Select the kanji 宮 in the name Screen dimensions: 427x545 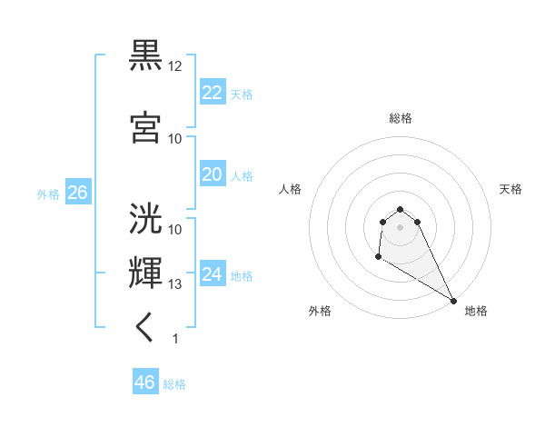coord(146,127)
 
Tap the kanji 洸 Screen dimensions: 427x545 coord(146,219)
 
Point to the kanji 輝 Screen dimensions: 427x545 coord(146,273)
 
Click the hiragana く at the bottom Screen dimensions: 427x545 coord(145,328)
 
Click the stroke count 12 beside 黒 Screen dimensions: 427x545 coord(175,66)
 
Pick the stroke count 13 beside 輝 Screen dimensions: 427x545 coord(175,284)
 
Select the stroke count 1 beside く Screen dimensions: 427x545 coord(175,339)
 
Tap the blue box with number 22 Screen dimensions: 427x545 coord(212,92)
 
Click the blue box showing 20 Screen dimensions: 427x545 coord(212,174)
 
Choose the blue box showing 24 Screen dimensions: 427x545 coord(212,273)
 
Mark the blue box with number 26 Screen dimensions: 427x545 coord(77,192)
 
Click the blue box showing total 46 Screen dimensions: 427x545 coord(144,382)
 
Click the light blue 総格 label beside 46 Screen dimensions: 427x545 coord(174,384)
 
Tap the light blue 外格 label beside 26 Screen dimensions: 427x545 coord(48,194)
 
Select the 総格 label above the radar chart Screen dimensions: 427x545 coord(400,118)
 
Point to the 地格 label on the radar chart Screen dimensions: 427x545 coord(476,311)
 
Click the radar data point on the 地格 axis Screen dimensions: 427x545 coord(454,300)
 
